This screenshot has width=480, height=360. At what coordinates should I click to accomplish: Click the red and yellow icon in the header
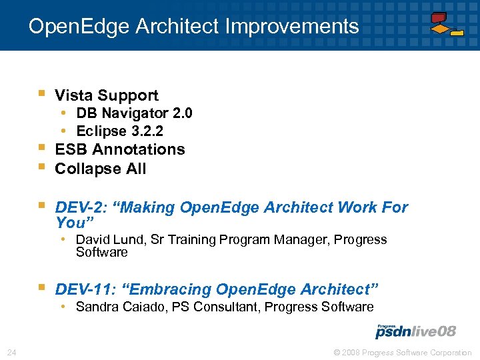click(446, 24)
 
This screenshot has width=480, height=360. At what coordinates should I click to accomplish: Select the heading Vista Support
click(107, 95)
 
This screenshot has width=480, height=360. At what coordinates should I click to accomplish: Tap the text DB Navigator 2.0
click(134, 113)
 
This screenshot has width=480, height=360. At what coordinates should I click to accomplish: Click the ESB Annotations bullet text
click(120, 149)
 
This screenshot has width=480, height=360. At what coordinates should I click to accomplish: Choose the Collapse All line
click(100, 169)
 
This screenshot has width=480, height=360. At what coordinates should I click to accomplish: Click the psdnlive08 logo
click(415, 331)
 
